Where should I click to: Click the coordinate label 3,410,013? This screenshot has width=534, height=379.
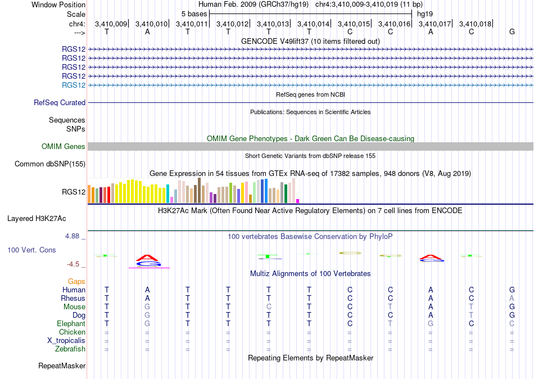pyautogui.click(x=273, y=24)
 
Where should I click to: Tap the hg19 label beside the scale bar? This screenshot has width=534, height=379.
pyautogui.click(x=425, y=14)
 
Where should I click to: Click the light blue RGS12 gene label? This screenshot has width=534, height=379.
pyautogui.click(x=74, y=85)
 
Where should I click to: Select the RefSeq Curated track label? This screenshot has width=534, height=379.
pyautogui.click(x=60, y=102)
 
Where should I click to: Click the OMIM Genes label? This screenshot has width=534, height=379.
pyautogui.click(x=64, y=147)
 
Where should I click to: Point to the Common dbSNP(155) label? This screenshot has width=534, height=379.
pyautogui.click(x=50, y=164)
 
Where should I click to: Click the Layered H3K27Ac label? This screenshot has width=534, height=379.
pyautogui.click(x=37, y=219)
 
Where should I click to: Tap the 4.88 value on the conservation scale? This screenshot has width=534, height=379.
pyautogui.click(x=72, y=236)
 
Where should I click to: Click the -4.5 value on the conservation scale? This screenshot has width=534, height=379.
pyautogui.click(x=73, y=264)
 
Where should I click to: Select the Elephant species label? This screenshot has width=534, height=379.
pyautogui.click(x=71, y=323)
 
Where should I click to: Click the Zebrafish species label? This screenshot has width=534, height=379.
pyautogui.click(x=70, y=349)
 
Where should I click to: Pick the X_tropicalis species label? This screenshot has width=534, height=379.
pyautogui.click(x=66, y=341)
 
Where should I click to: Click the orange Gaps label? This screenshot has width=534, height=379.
pyautogui.click(x=76, y=282)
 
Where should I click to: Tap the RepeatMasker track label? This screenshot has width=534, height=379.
pyautogui.click(x=62, y=366)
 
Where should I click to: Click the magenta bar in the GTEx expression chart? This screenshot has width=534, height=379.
pyautogui.click(x=298, y=201)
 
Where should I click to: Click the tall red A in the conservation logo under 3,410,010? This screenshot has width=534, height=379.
pyautogui.click(x=147, y=258)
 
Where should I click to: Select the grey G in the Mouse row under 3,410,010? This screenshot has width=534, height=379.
pyautogui.click(x=147, y=307)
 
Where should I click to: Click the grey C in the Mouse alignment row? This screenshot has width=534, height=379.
pyautogui.click(x=269, y=307)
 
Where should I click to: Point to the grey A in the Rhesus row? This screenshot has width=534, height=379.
pyautogui.click(x=512, y=298)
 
